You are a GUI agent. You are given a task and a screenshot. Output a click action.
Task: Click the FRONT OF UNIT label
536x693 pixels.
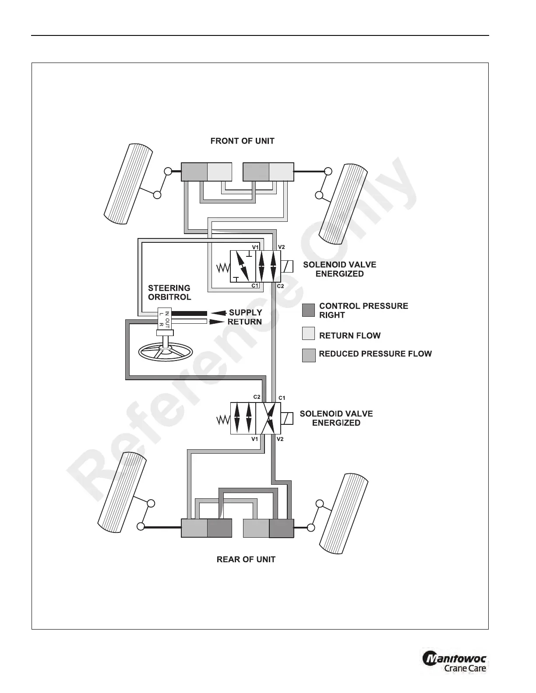242,141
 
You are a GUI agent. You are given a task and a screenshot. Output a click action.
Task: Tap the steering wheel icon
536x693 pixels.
166,351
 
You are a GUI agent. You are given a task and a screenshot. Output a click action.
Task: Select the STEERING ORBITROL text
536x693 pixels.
169,292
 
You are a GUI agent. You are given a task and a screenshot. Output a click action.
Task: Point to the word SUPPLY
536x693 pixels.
246,312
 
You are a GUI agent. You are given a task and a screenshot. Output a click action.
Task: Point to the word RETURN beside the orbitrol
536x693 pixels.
244,322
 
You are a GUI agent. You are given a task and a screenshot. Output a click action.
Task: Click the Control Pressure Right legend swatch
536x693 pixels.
308,310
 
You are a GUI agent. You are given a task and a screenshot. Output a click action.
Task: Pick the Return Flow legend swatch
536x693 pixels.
308,333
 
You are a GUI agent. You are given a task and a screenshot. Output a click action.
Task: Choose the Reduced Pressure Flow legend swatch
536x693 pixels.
309,355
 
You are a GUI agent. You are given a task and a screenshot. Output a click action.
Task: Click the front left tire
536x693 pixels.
128,184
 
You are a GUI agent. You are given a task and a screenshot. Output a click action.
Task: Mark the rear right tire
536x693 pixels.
344,513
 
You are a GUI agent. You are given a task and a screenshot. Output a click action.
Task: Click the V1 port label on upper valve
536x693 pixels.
255,247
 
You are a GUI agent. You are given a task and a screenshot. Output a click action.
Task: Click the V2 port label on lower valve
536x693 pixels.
280,439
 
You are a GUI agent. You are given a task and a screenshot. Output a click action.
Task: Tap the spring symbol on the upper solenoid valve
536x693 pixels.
223,268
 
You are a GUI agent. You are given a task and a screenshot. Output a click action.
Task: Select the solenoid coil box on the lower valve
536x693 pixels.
287,418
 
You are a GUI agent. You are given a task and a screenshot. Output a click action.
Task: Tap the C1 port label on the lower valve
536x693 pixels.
282,398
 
